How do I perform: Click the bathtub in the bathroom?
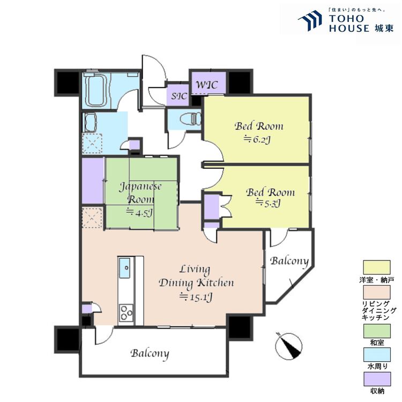[95, 90]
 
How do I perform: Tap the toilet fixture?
[191, 119]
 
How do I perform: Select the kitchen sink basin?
[124, 268]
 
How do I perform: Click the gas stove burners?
[126, 313]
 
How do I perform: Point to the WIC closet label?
[207, 85]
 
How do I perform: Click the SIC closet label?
[179, 96]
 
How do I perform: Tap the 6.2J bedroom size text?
[257, 139]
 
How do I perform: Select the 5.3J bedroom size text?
[268, 203]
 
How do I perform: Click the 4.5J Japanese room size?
[140, 212]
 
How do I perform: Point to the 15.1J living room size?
[195, 297]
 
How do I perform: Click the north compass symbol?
[288, 346]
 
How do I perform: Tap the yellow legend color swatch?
[377, 267]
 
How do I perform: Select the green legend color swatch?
[377, 331]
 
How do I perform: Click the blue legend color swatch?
[377, 355]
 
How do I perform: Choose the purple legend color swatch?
[377, 379]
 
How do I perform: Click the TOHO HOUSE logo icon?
[310, 20]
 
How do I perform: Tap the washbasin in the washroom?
[90, 122]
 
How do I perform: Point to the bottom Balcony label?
[150, 354]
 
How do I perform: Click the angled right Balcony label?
[289, 262]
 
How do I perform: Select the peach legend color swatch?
[377, 292]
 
